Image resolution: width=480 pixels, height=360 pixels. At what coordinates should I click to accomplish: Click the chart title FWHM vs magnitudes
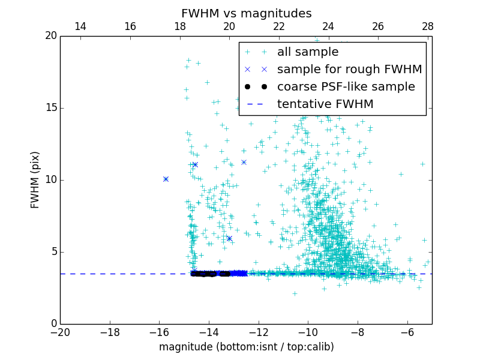point(246,13)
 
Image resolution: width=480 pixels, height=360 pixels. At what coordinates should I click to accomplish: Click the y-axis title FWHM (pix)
point(35,179)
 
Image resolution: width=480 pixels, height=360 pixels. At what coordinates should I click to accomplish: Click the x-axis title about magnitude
point(246,347)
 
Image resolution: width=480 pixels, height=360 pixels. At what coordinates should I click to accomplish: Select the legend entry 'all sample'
point(307,52)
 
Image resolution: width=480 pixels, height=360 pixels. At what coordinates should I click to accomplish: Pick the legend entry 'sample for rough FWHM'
point(349,70)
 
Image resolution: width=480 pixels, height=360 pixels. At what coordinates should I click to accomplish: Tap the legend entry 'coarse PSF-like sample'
point(346,87)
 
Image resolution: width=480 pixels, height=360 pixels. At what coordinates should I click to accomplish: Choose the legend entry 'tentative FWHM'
point(325,104)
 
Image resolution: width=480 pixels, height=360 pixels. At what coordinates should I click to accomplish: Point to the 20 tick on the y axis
point(50,36)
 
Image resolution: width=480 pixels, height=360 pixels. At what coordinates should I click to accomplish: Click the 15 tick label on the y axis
point(50,108)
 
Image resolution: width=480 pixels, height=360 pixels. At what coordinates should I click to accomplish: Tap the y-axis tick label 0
point(53,324)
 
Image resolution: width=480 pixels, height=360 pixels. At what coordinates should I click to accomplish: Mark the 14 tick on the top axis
point(80,26)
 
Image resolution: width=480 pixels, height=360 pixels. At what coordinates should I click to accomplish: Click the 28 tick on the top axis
point(427,26)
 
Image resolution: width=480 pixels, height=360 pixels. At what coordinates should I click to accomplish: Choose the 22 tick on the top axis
point(278,26)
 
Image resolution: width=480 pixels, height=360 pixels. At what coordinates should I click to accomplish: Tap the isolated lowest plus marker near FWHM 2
point(295,293)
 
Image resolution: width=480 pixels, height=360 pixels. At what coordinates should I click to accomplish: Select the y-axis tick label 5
point(53,252)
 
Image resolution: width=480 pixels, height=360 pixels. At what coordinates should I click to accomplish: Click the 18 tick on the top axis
point(179,26)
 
